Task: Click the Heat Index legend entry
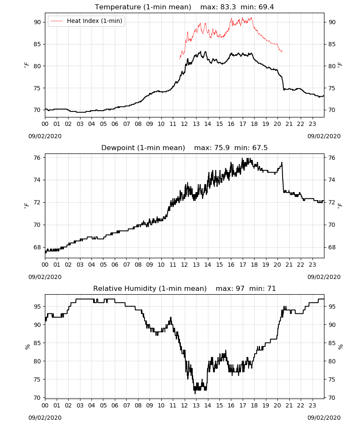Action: pyautogui.click(x=86, y=21)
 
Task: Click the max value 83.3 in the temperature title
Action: pyautogui.click(x=228, y=7)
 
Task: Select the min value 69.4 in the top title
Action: pyautogui.click(x=266, y=7)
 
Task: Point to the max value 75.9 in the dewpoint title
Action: pyautogui.click(x=222, y=148)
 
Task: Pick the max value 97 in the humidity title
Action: pyautogui.click(x=240, y=288)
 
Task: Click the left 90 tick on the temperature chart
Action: pyautogui.click(x=38, y=22)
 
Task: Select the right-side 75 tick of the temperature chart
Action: pyautogui.click(x=332, y=88)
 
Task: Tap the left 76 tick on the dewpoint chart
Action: pyautogui.click(x=38, y=158)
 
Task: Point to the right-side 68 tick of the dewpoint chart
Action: pyautogui.click(x=332, y=247)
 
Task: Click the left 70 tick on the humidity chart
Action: pyautogui.click(x=38, y=398)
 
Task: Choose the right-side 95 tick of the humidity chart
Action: pyautogui.click(x=332, y=307)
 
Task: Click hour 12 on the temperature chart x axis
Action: pyautogui.click(x=185, y=124)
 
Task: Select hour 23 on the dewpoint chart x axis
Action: pyautogui.click(x=313, y=265)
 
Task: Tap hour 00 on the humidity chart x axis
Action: pyautogui.click(x=45, y=405)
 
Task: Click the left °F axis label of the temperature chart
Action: pyautogui.click(x=26, y=65)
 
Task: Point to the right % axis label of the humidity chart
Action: pyautogui.click(x=341, y=347)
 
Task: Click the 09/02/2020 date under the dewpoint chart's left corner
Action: pyautogui.click(x=45, y=277)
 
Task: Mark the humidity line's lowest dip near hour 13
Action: pyautogui.click(x=195, y=393)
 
